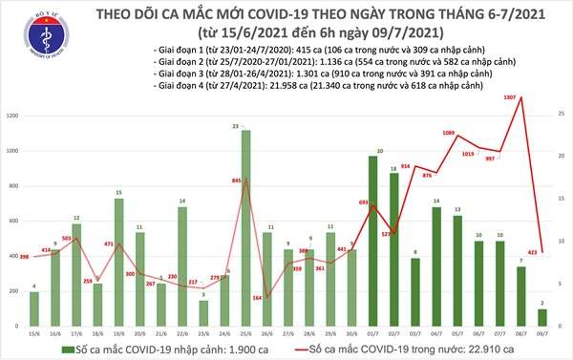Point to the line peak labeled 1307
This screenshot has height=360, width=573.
click(521, 97)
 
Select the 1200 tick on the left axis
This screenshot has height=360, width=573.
click(11, 116)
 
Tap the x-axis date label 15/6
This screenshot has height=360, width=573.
click(34, 333)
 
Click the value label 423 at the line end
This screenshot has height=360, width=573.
click(532, 253)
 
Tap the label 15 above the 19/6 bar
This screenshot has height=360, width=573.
click(118, 192)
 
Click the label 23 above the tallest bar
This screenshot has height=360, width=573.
click(245, 125)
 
